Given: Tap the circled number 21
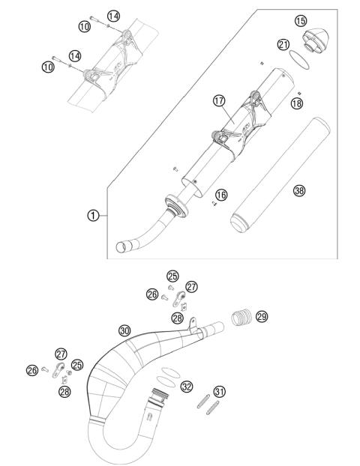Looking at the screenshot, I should click(x=283, y=45).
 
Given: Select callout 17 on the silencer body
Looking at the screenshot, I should click(x=218, y=101).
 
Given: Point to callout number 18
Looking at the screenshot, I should click(x=297, y=103).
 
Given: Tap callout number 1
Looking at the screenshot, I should click(x=92, y=215).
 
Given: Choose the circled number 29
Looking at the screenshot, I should click(x=261, y=317).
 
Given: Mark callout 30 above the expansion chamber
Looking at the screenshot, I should click(x=124, y=330).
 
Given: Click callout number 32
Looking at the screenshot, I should click(x=187, y=387).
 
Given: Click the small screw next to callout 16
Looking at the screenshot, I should click(x=214, y=200).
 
